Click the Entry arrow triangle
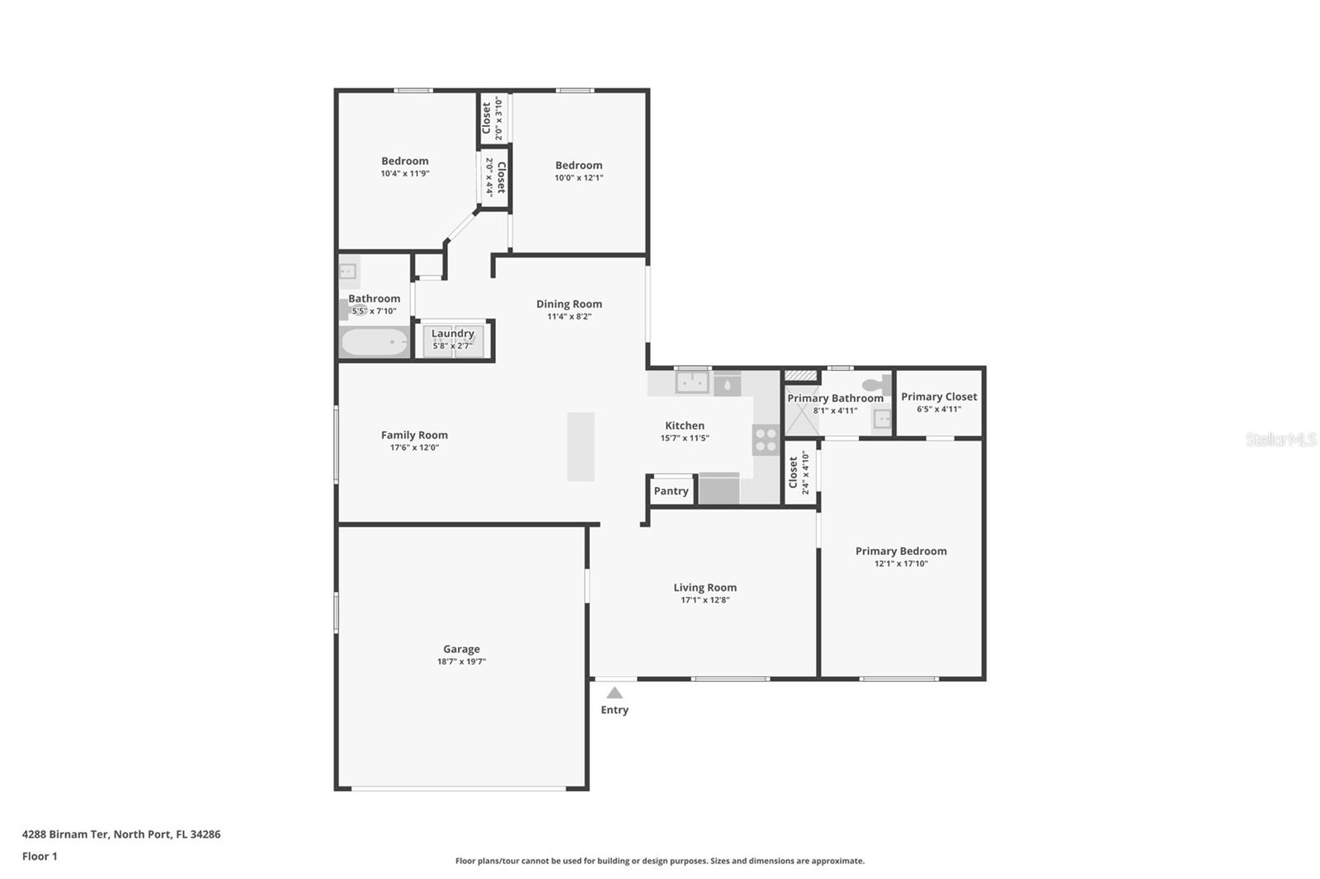pos(615,693)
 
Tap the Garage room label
pos(461,649)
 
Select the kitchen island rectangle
pos(581,446)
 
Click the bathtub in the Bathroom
pos(375,341)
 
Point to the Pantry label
pos(671,491)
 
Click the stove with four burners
pos(766,439)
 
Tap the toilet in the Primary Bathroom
pos(879,384)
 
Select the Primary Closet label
pos(939,397)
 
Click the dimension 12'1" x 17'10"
pos(901,564)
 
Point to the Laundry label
pos(452,333)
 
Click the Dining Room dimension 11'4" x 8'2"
pos(569,317)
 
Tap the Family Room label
pos(414,435)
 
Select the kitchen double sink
pos(691,383)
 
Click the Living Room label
pos(705,587)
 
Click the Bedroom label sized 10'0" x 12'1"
pos(578,165)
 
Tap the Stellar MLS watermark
pos(1280,439)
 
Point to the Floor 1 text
pos(40,856)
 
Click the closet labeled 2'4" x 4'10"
pos(799,473)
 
